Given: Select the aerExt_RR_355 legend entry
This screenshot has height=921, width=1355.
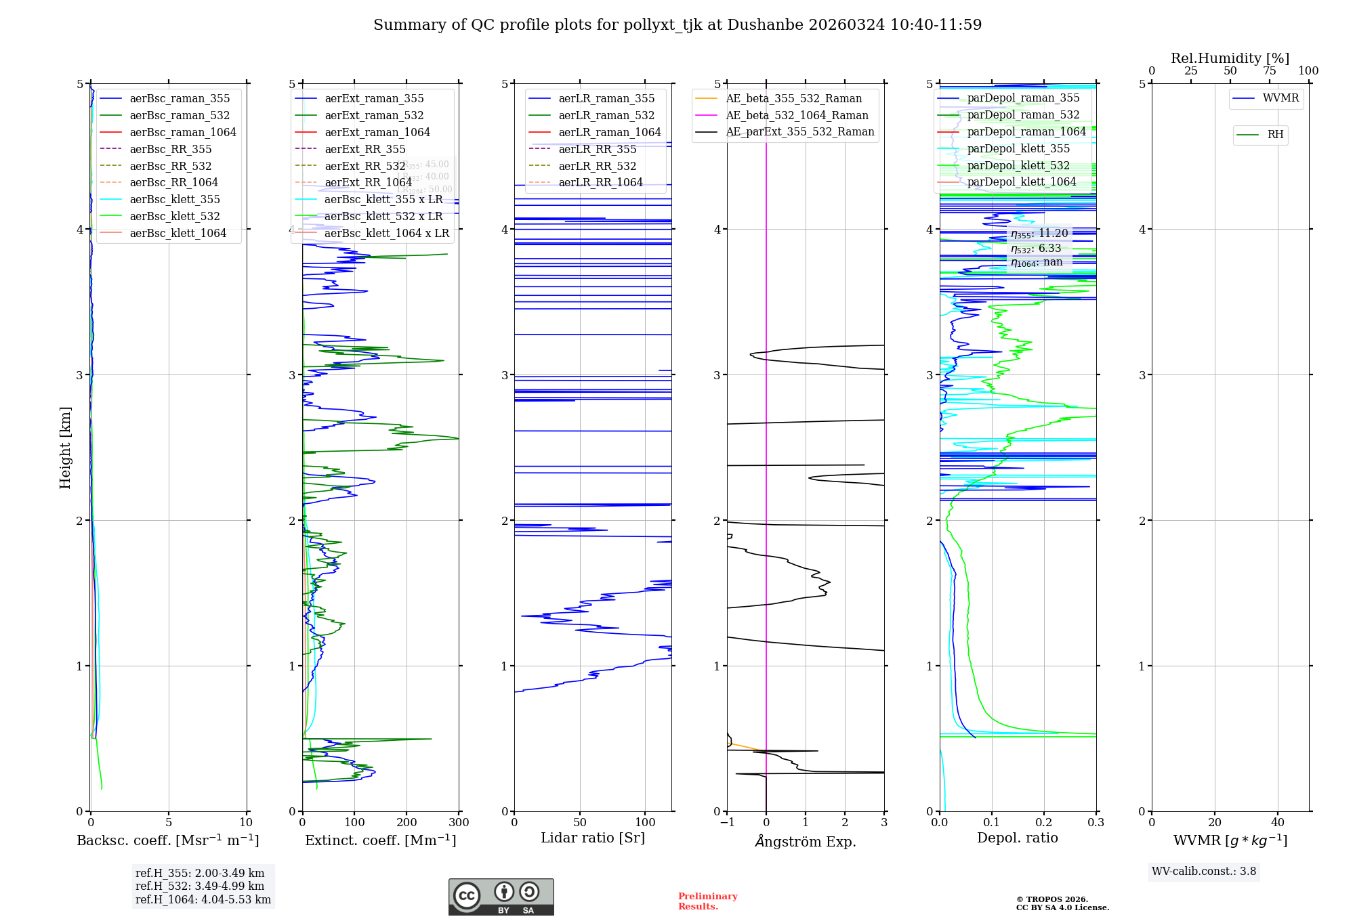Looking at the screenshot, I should click(365, 149).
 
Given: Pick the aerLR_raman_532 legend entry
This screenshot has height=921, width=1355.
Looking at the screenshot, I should click(606, 115).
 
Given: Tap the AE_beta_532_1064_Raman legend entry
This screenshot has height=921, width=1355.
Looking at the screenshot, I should click(797, 115).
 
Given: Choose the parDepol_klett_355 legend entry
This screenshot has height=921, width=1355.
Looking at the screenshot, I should click(1018, 148).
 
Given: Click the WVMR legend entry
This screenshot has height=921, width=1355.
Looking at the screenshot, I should click(1280, 98).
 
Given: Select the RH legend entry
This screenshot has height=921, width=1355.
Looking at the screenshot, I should click(1275, 135).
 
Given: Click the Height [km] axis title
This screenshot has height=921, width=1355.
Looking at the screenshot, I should click(65, 448).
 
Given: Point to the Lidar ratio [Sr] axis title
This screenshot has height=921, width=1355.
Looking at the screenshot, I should click(593, 838).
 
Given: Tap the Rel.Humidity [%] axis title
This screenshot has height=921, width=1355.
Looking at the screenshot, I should click(1230, 58).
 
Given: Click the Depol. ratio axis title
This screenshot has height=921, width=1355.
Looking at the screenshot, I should click(1017, 838).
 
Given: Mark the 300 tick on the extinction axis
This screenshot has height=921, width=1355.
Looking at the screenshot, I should click(459, 823).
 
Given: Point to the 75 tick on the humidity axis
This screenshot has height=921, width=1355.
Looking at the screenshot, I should click(1270, 71).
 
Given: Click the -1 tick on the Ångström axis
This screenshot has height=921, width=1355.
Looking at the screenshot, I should click(727, 823).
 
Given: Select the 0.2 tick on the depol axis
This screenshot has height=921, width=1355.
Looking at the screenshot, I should click(1044, 823).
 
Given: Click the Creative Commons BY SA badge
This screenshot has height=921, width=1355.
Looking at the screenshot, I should click(501, 897).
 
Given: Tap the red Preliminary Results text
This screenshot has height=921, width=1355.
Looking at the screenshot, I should click(707, 901).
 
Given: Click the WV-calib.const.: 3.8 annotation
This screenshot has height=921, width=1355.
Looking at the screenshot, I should click(1204, 872).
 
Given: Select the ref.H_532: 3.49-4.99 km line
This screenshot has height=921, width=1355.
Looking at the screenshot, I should click(200, 886).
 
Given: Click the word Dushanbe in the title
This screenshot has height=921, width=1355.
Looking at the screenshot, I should click(764, 25).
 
